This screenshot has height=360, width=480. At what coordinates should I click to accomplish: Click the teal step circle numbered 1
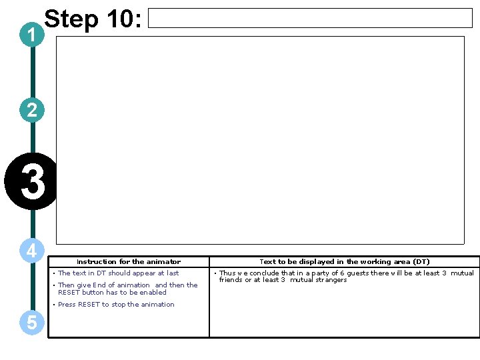[x=32, y=37]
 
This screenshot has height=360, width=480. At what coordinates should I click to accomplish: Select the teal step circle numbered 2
[x=32, y=110]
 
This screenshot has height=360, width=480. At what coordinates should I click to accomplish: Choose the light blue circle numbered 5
[x=32, y=323]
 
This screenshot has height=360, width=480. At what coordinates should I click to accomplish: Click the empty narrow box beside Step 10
[x=309, y=18]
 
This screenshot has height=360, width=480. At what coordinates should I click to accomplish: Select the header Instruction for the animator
[x=128, y=262]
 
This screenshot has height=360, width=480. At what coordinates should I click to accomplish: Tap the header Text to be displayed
[x=344, y=262]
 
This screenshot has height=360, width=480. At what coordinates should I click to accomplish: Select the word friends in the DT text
[x=230, y=280]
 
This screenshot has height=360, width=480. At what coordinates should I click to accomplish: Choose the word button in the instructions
[x=93, y=292]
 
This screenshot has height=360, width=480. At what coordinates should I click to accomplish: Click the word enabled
[x=153, y=292]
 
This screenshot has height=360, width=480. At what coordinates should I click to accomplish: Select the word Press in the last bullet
[x=67, y=305]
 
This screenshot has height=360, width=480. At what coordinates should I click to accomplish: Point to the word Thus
[x=227, y=273]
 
